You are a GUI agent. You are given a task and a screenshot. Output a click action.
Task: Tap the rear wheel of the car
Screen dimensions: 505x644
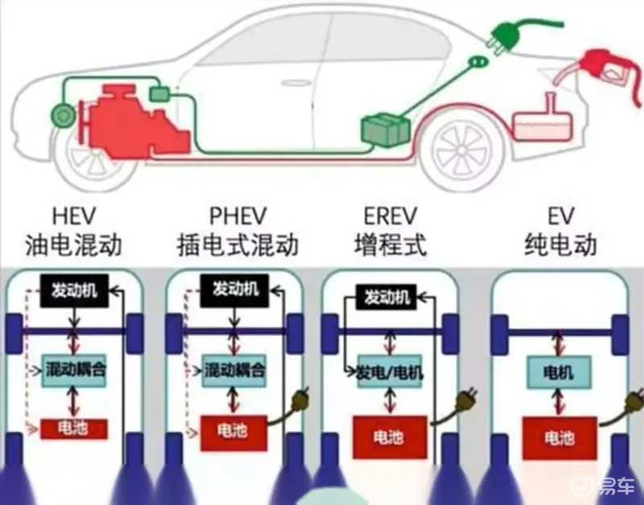click(x=462, y=150)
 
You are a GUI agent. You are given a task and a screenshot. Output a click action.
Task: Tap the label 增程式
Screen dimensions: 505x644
click(x=390, y=244)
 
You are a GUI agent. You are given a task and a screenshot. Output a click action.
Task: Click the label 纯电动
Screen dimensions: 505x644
click(x=561, y=244)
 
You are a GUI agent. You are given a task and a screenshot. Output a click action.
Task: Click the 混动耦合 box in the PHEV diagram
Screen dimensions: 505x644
click(x=234, y=371)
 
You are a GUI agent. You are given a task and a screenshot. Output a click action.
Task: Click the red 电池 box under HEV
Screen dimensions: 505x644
click(x=74, y=429)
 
